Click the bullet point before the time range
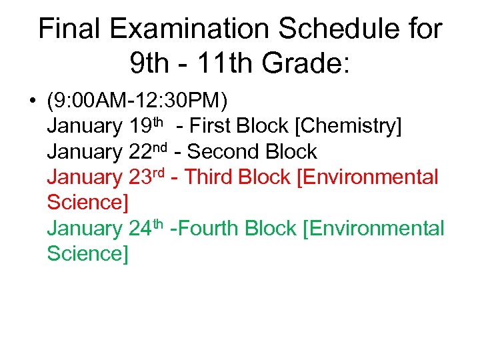click(x=32, y=102)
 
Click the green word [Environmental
click(x=373, y=229)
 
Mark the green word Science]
click(x=87, y=254)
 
